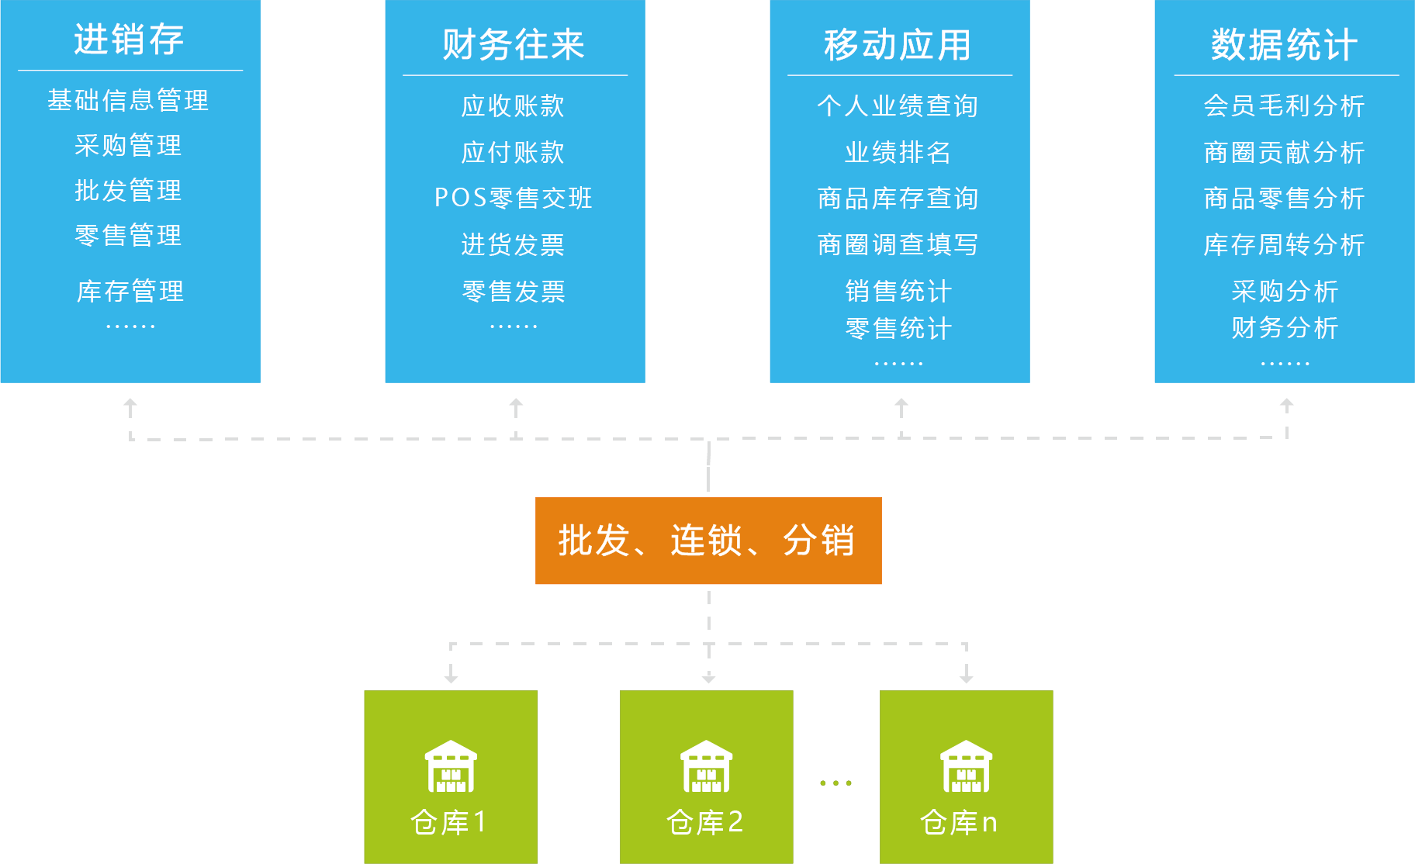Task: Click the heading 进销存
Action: pos(129,40)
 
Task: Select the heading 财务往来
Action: pos(514,45)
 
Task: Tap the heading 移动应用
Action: pos(898,45)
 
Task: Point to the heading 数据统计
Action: pos(1285,45)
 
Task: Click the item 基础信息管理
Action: pos(129,101)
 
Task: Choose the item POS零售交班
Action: pos(514,199)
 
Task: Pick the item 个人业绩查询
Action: pos(898,106)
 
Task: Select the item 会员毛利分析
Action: pos(1285,106)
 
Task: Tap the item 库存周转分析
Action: pos(1285,245)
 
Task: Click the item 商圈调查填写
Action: pos(898,245)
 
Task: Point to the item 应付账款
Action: pos(514,153)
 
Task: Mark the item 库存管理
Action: pos(130,292)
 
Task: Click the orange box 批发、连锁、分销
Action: pos(708,541)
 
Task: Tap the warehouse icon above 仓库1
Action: pos(451,766)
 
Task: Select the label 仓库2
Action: pos(705,822)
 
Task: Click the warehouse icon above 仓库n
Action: pos(966,766)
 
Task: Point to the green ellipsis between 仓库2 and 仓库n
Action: pos(836,783)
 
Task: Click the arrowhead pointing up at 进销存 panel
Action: pos(130,404)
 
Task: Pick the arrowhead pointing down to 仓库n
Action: pos(966,677)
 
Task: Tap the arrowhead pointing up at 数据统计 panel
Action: pos(1287,403)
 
